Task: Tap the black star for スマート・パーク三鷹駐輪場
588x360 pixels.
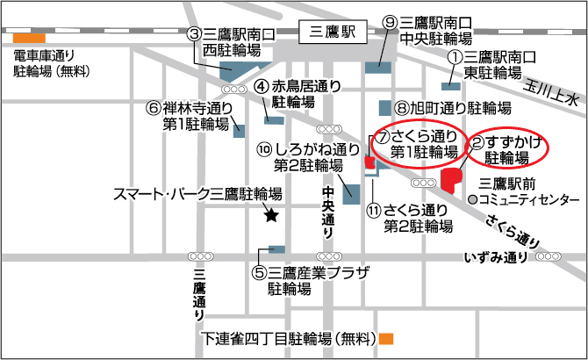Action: pyautogui.click(x=271, y=213)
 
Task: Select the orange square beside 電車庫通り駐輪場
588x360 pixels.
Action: pyautogui.click(x=29, y=38)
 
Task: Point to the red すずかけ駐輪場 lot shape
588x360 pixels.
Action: pyautogui.click(x=452, y=179)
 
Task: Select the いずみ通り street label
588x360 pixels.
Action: pyautogui.click(x=497, y=256)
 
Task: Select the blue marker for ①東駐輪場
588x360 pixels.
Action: pyautogui.click(x=451, y=86)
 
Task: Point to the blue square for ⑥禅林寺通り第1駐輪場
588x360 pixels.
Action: pyautogui.click(x=239, y=131)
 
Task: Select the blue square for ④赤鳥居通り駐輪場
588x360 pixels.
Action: pyautogui.click(x=269, y=119)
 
